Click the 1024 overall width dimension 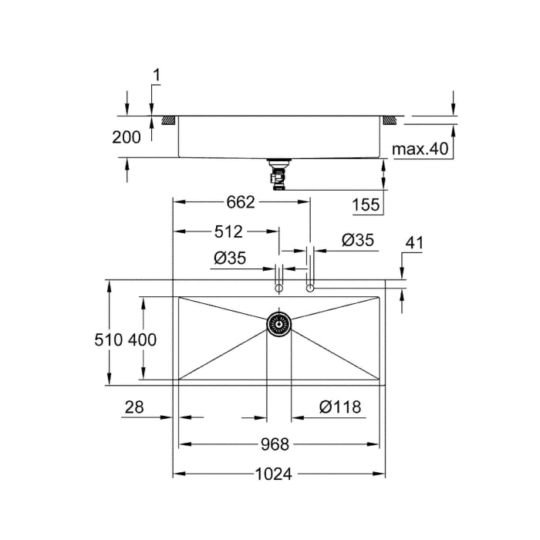click(274, 474)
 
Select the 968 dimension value click(274, 444)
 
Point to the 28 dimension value click(133, 407)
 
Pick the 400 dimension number click(143, 339)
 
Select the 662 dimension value click(241, 202)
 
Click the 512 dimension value click(228, 231)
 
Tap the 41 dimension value click(414, 243)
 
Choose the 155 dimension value click(366, 204)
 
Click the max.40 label click(420, 148)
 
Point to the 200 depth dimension click(127, 137)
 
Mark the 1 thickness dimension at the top click(157, 76)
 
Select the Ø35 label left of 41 click(357, 241)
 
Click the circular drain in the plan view click(278, 323)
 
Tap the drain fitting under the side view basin click(277, 174)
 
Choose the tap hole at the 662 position click(310, 288)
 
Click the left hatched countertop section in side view click(168, 120)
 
